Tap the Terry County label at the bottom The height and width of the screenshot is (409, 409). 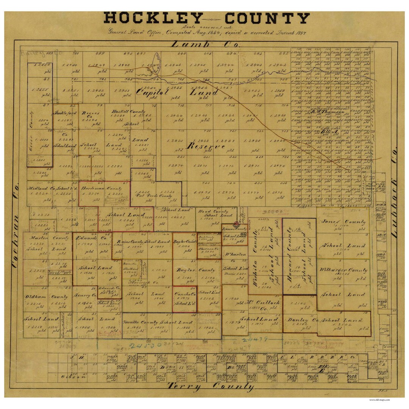click(x=211, y=386)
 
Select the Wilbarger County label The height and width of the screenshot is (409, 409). click(x=343, y=270)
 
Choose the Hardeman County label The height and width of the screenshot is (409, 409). click(x=104, y=188)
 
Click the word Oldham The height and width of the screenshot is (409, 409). click(x=36, y=297)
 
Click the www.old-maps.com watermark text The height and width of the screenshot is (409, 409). click(x=379, y=400)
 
